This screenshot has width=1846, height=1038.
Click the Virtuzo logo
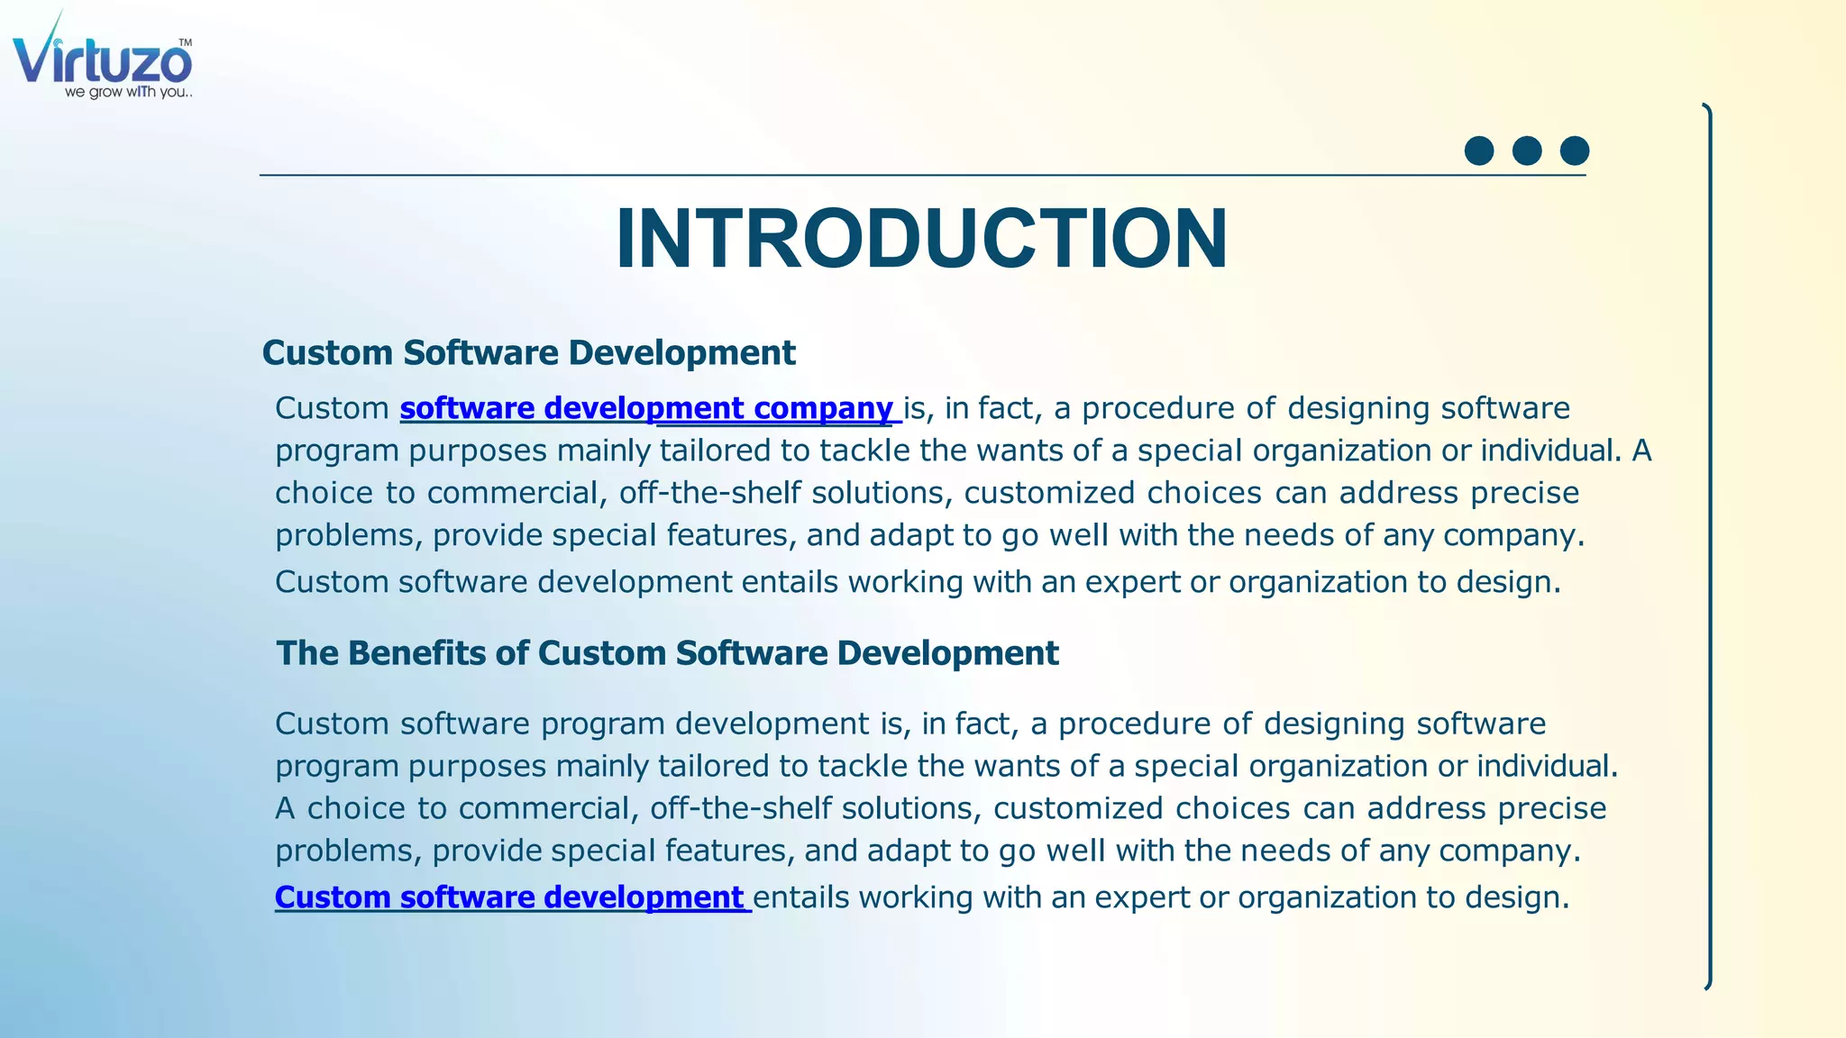(x=102, y=59)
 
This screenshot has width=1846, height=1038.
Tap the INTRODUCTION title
(x=921, y=239)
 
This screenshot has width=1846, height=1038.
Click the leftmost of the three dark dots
(x=1479, y=150)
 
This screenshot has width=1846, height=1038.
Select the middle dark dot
(x=1527, y=150)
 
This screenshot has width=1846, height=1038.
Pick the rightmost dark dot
(x=1575, y=150)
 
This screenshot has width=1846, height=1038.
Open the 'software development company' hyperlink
(x=647, y=408)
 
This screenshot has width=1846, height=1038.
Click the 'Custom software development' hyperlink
(x=509, y=897)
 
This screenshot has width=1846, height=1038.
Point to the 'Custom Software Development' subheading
(x=528, y=352)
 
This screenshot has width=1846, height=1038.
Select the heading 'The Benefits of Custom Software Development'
(x=667, y=653)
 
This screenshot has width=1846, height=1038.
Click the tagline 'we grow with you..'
(x=128, y=92)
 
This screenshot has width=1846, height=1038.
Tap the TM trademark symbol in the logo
(x=185, y=42)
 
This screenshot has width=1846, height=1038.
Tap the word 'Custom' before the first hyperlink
(x=332, y=408)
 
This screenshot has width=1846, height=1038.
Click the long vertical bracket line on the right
(x=1708, y=547)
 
